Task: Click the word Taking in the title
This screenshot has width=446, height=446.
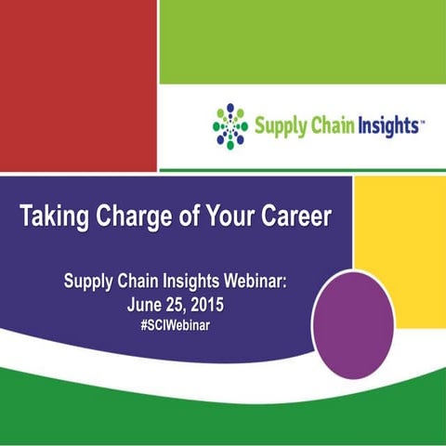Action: point(54,217)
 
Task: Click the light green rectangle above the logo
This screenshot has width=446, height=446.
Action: point(302,42)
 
